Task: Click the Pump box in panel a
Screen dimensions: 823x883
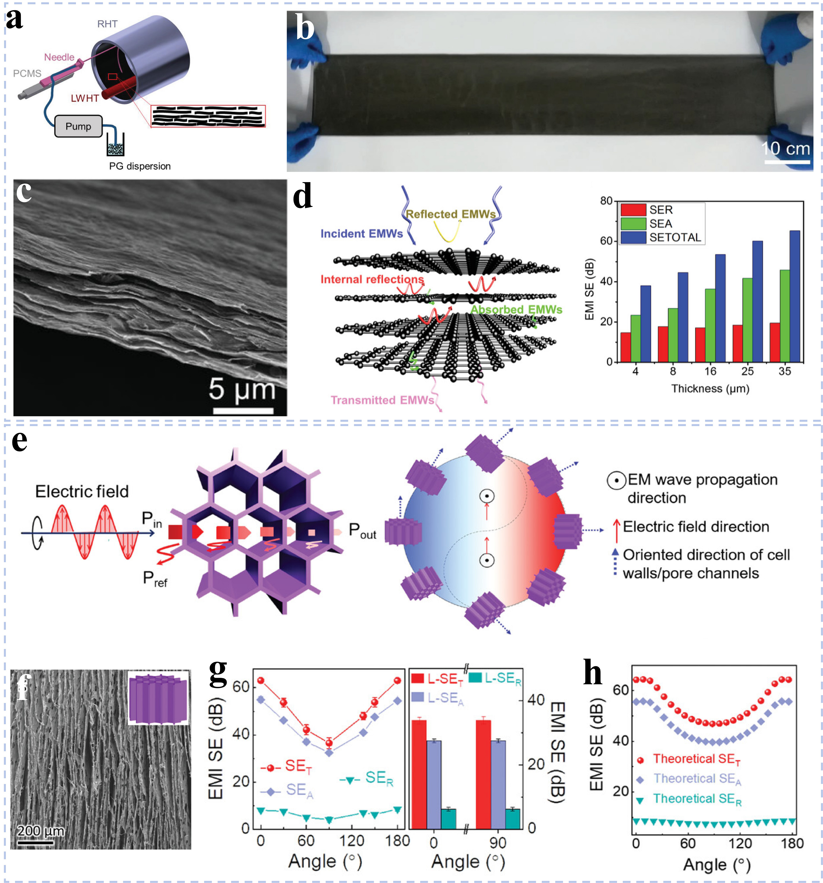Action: click(78, 126)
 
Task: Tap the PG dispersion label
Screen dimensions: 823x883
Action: click(140, 166)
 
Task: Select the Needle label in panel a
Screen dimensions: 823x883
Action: click(59, 57)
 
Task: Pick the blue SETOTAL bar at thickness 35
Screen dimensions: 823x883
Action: click(794, 296)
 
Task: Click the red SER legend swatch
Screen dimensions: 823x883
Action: click(633, 210)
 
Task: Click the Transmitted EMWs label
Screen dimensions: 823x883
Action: click(382, 400)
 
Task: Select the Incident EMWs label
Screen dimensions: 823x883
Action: click(362, 234)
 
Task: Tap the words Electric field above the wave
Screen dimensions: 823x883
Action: click(82, 491)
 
